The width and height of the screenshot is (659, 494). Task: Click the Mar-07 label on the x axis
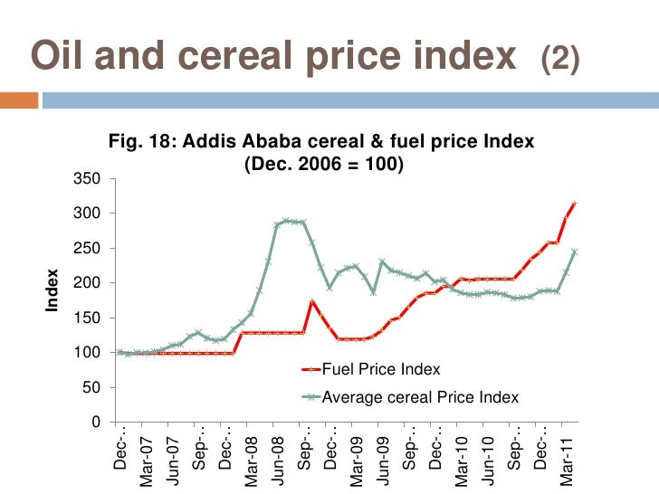[147, 461]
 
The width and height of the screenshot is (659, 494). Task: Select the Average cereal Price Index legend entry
[420, 397]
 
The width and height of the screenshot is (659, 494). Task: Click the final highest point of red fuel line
[574, 204]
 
